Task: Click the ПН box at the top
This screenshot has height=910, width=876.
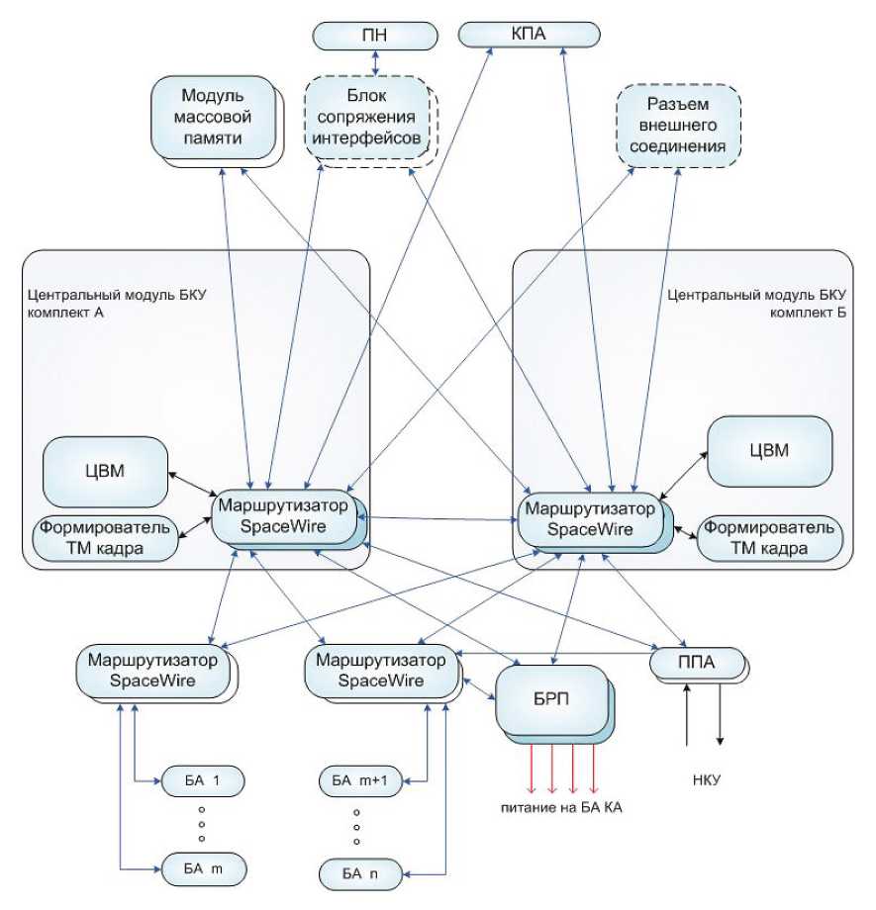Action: (x=375, y=37)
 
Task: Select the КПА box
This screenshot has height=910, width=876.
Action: (x=530, y=36)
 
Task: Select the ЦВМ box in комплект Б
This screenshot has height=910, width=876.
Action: (x=768, y=450)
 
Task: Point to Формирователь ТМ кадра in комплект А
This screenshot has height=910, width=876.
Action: (x=107, y=538)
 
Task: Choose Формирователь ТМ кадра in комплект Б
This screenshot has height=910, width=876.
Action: (x=770, y=538)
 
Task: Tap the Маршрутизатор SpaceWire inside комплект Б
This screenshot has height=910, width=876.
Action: (x=589, y=519)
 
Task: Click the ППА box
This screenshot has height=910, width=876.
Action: (x=697, y=661)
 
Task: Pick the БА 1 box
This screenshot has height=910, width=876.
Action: (x=202, y=781)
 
